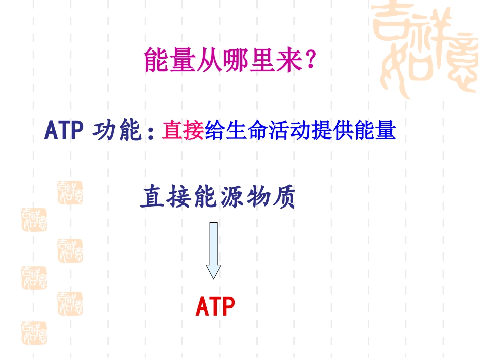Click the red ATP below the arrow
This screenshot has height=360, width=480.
point(215,307)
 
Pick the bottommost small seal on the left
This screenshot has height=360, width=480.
point(34,333)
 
